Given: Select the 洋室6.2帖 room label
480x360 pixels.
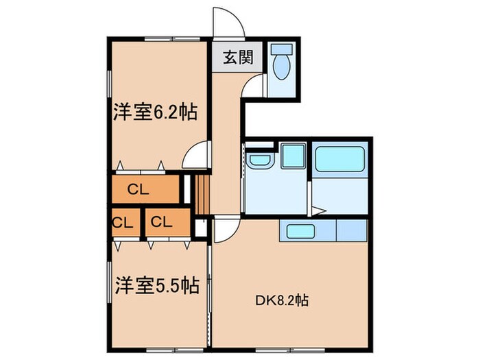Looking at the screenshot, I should click(x=155, y=111).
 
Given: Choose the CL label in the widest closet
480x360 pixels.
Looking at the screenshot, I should click(x=138, y=190).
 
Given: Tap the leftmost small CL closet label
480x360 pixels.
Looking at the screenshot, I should click(x=123, y=222).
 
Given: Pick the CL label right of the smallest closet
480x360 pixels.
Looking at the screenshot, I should click(x=162, y=222).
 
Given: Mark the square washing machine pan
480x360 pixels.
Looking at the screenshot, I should click(x=293, y=156).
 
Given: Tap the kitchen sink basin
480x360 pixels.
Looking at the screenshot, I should click(x=300, y=231).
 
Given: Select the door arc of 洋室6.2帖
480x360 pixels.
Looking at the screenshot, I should click(x=197, y=155).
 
